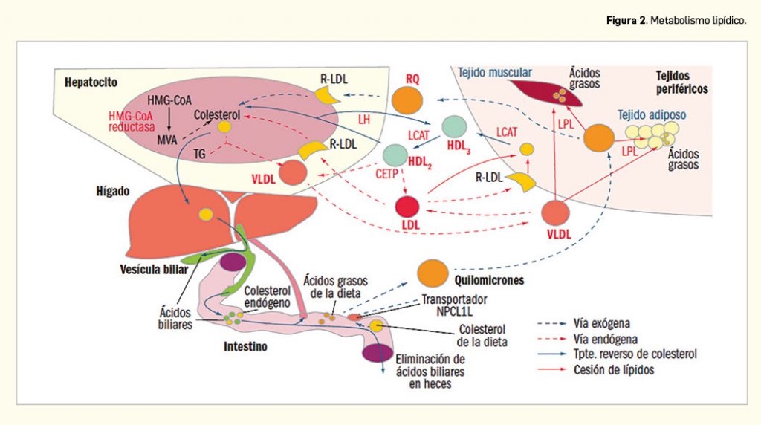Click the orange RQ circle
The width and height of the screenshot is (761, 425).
click(x=407, y=100)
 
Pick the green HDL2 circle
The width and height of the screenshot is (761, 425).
click(x=395, y=155)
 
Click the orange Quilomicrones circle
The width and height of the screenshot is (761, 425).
click(x=432, y=273)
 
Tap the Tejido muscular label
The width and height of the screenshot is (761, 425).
click(x=495, y=73)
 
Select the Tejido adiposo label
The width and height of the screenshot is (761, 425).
click(x=651, y=116)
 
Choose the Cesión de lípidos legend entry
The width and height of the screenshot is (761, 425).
click(x=614, y=370)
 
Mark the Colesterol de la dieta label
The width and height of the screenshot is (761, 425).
click(x=482, y=336)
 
